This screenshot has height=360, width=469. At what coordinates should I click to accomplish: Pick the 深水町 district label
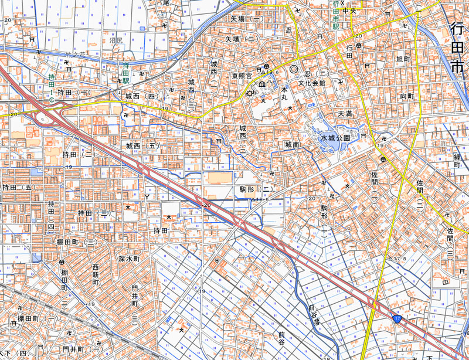tap(129, 259)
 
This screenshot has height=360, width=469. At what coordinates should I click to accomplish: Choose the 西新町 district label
tap(96, 274)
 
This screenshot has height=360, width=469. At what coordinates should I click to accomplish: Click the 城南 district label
tap(292, 144)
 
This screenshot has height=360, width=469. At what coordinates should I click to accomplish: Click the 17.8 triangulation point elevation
tap(399, 258)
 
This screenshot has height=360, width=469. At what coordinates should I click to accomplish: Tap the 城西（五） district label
tap(142, 145)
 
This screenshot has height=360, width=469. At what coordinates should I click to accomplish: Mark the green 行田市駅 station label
tap(336, 18)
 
